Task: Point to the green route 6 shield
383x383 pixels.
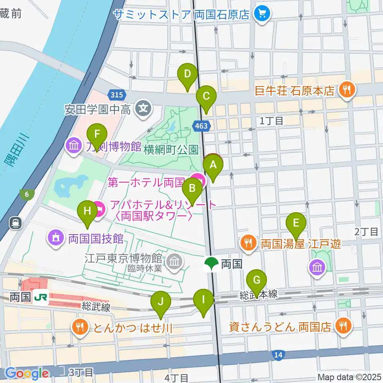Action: click(x=27, y=194)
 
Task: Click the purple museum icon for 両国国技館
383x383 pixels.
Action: click(x=56, y=239)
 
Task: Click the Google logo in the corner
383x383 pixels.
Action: click(x=26, y=373)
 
